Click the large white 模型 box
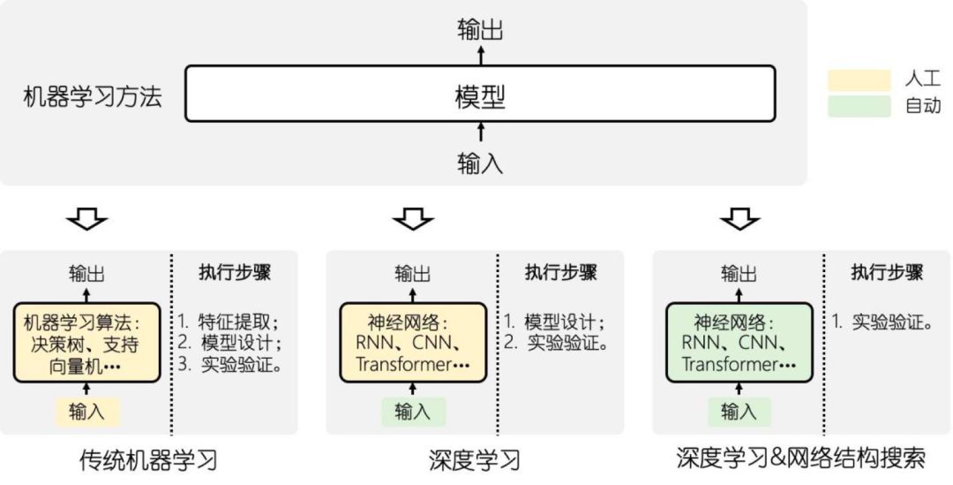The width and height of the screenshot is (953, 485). [x=480, y=94]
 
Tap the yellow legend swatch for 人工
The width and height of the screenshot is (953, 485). [x=859, y=80]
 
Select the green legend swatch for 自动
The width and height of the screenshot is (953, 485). [x=859, y=107]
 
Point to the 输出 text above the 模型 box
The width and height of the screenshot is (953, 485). [x=480, y=30]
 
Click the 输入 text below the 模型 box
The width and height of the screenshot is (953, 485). [x=480, y=162]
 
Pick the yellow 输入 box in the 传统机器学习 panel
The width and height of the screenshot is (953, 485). [x=87, y=411]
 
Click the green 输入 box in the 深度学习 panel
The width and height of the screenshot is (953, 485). [x=413, y=411]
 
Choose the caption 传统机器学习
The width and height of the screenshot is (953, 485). [x=148, y=460]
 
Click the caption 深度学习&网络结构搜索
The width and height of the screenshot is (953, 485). [x=800, y=458]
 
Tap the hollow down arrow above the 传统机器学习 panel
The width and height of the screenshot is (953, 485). [x=87, y=218]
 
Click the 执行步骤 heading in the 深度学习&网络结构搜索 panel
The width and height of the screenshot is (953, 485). [x=887, y=272]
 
